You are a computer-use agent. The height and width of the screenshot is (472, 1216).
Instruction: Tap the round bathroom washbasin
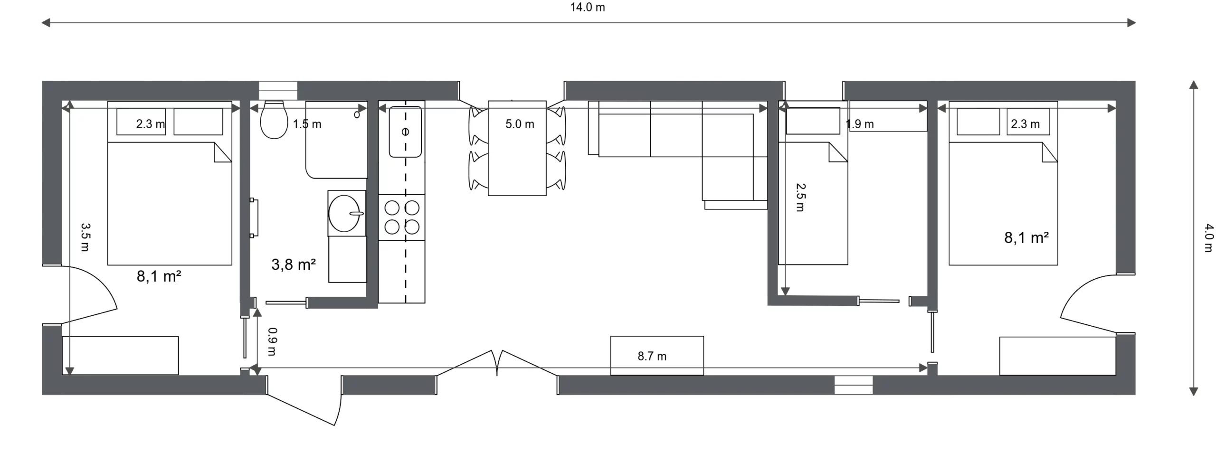(x=344, y=214)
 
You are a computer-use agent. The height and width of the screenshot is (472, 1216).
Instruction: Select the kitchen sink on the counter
(x=405, y=132)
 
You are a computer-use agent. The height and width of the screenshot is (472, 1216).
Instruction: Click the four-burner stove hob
(x=402, y=217)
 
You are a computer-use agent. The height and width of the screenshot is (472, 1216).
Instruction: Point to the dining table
(x=517, y=148)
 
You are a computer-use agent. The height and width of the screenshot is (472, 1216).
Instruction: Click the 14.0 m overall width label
(x=588, y=8)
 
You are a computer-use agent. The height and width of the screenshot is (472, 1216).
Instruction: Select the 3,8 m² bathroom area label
(x=294, y=264)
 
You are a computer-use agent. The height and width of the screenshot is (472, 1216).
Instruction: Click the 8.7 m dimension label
(x=652, y=356)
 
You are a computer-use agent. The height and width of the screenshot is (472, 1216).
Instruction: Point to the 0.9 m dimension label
(x=272, y=341)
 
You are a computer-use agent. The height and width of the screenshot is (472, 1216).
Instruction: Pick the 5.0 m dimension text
(x=520, y=124)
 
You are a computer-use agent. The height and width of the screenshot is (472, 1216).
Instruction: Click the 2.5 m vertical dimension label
(x=800, y=198)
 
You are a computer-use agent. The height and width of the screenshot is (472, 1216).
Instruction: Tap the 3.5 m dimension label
(x=85, y=237)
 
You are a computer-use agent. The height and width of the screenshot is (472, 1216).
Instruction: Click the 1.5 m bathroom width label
(x=307, y=124)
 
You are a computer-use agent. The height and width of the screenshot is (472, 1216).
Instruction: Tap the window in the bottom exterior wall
(x=854, y=385)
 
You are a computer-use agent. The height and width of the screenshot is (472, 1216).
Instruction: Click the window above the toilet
(x=278, y=90)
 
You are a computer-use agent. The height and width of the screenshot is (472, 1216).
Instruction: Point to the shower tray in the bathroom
(x=337, y=140)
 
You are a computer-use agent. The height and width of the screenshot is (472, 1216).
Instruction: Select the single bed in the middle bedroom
(x=813, y=183)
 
